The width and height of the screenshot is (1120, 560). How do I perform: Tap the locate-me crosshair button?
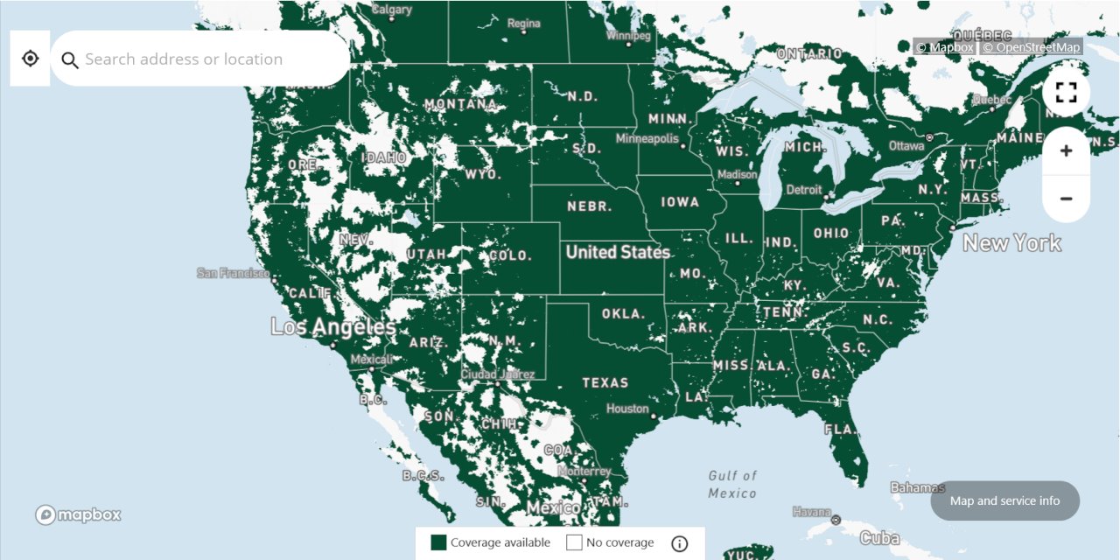(31, 59)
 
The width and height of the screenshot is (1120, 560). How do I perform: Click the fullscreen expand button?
(1066, 93)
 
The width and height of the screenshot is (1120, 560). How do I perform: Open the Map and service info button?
(1004, 501)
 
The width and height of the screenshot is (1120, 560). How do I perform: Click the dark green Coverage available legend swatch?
(439, 542)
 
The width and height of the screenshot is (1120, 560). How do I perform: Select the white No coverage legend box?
(574, 542)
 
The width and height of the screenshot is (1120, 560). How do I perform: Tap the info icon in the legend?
(680, 543)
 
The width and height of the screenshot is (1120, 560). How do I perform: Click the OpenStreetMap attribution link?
(1032, 47)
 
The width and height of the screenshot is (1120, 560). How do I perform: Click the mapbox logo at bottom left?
(79, 514)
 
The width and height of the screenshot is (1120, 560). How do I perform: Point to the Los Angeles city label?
(332, 327)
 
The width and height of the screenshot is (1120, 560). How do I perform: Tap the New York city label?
(1012, 243)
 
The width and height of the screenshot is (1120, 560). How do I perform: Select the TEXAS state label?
(605, 382)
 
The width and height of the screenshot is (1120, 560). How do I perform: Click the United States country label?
(618, 252)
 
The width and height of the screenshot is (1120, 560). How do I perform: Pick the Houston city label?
(627, 409)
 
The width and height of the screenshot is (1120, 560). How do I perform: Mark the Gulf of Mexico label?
(732, 484)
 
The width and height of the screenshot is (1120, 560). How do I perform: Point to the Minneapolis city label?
(647, 138)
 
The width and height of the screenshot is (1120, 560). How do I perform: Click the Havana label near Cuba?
(810, 511)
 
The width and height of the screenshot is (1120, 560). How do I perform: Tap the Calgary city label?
(392, 10)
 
